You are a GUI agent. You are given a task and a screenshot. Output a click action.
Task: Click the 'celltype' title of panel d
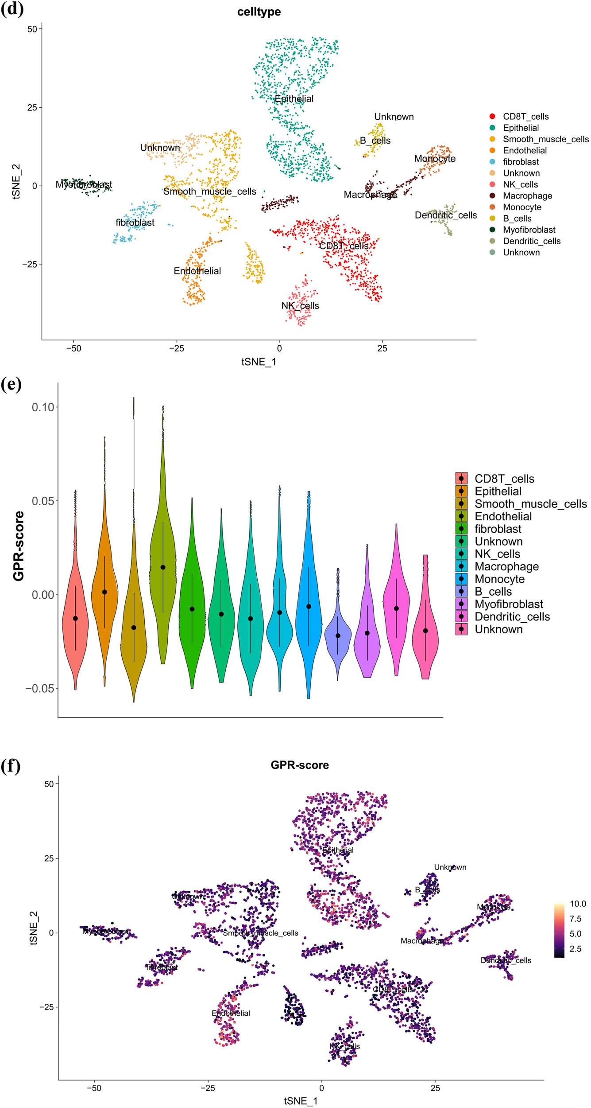pos(259,12)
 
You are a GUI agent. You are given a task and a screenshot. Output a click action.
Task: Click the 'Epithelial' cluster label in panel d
pos(294,99)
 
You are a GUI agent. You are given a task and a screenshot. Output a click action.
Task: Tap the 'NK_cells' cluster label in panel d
pos(300,306)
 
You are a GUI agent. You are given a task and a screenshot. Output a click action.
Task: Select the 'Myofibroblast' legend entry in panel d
pos(529,230)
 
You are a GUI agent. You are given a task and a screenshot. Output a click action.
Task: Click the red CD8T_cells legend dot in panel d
pos(492,117)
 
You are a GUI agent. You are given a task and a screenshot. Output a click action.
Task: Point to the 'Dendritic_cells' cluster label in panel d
pos(445,215)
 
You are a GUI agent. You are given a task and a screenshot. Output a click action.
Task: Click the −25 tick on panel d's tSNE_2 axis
pos(30,265)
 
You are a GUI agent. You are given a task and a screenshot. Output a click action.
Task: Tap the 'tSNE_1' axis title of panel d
pos(259,362)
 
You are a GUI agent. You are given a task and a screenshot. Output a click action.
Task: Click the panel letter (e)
pos(11,384)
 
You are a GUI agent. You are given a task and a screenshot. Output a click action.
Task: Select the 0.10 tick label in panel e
pos(43,407)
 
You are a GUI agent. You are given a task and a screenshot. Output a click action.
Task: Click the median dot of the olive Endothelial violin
pos(163,567)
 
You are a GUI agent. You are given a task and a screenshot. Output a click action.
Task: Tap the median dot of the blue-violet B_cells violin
pos(338,636)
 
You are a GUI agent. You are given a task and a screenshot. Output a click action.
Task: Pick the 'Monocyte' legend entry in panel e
pos(499,579)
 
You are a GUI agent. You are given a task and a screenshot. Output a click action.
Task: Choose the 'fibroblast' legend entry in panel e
pos(498,529)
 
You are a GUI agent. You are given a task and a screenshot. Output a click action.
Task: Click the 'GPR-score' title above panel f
pos(300,765)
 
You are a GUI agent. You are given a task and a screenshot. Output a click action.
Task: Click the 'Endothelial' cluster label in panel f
pos(231,1013)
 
